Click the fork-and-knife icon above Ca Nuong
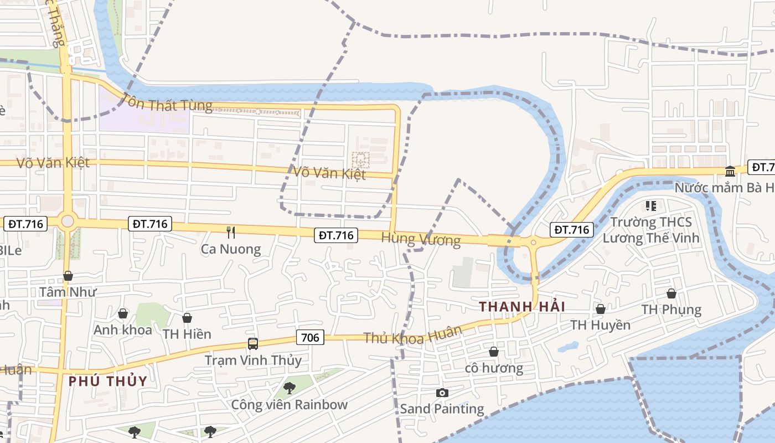click(x=231, y=232)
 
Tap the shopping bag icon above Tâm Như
click(x=68, y=276)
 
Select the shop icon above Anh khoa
click(x=123, y=314)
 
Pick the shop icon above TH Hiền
click(x=187, y=318)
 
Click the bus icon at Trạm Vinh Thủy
click(x=253, y=344)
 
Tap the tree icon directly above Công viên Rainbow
click(x=289, y=388)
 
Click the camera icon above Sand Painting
click(x=442, y=393)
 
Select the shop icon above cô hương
click(x=494, y=352)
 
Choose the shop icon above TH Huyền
click(x=600, y=309)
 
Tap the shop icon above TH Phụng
click(x=671, y=293)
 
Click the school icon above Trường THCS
click(x=651, y=206)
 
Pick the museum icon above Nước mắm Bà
click(x=730, y=171)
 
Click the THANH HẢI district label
click(x=522, y=307)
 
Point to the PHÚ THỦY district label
click(x=108, y=381)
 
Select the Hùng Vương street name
click(x=421, y=239)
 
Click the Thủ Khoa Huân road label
click(x=412, y=335)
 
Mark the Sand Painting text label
click(x=442, y=409)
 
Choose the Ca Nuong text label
click(x=231, y=249)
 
